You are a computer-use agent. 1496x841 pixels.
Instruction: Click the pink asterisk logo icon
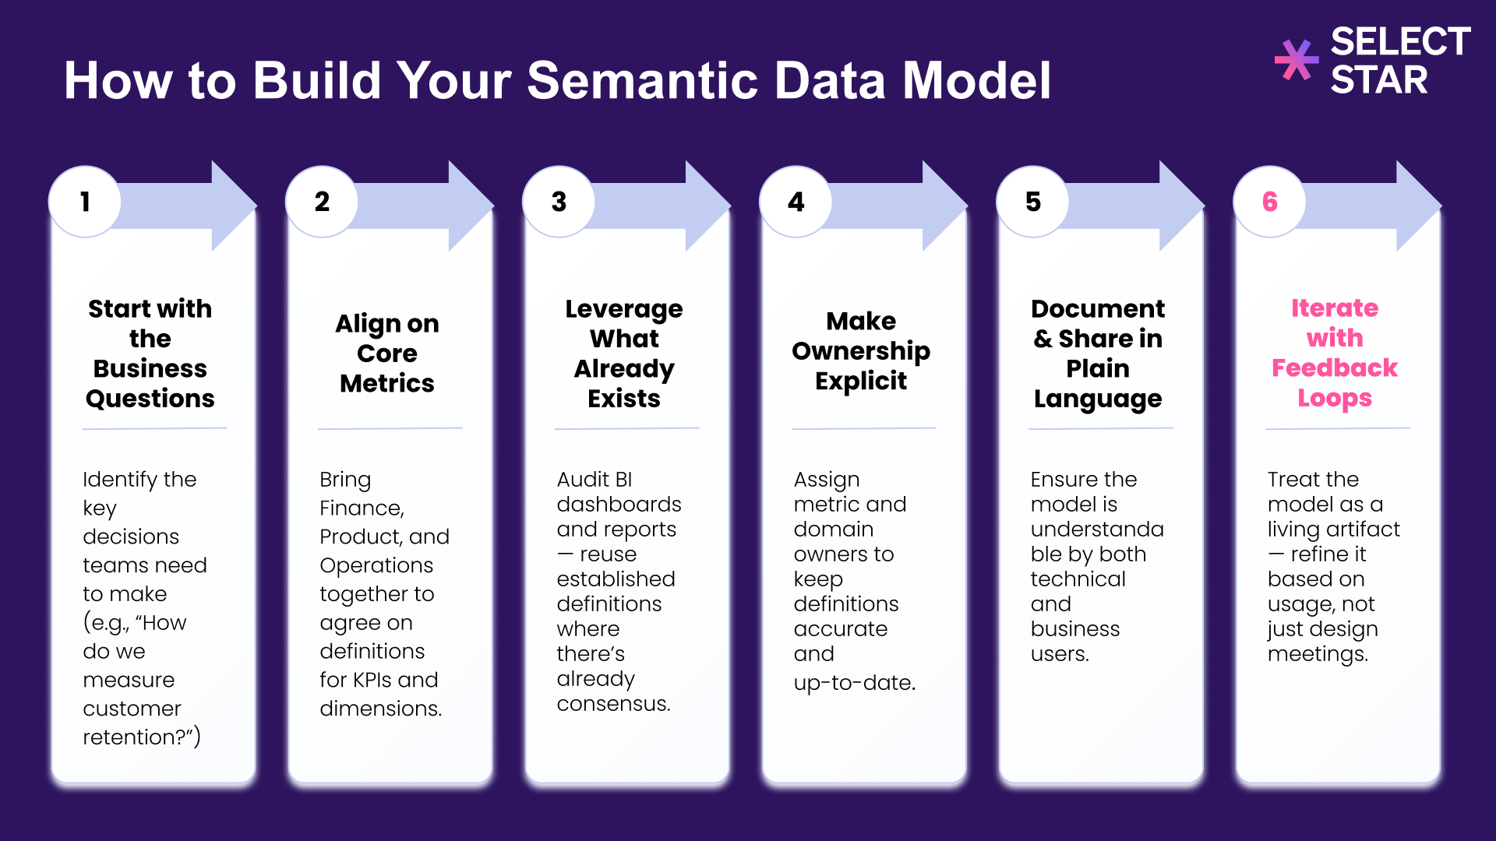1296,60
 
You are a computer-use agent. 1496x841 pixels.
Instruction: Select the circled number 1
85,202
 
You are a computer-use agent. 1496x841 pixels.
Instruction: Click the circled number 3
559,202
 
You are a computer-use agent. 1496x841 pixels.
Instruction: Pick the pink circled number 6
1269,202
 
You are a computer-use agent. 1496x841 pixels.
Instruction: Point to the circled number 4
796,202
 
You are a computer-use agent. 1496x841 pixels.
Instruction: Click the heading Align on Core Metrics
387,353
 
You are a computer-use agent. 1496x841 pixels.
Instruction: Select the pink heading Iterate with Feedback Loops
1334,353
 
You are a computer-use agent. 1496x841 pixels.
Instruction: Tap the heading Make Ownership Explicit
861,350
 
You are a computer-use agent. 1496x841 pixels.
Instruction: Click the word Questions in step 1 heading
150,399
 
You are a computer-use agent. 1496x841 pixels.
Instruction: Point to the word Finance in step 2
361,508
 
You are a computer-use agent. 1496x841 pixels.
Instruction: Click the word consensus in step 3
612,704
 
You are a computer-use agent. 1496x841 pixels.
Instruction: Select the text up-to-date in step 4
854,683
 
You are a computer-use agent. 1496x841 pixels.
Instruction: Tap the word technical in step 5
1078,579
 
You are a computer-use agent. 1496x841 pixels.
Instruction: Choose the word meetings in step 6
1317,654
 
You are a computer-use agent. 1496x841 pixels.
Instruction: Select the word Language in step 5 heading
1097,399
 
